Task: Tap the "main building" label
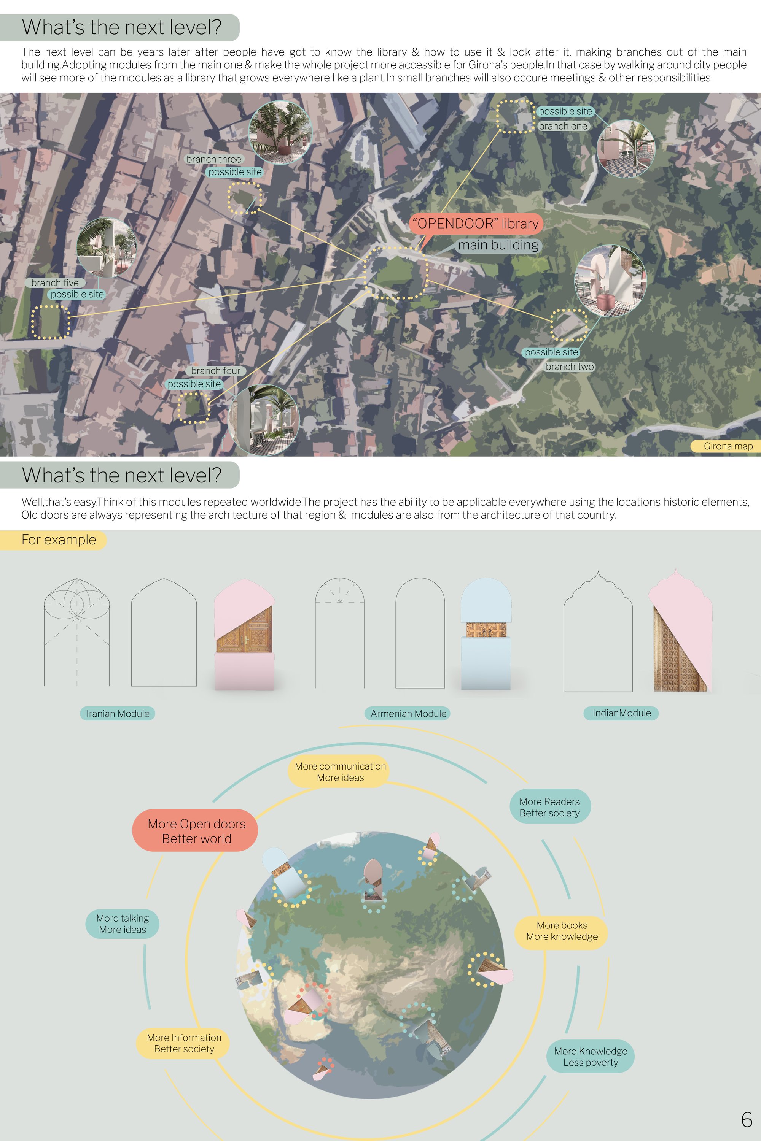tap(498, 245)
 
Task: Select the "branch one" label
tap(563, 126)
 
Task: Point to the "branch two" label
tap(570, 367)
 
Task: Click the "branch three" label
tap(213, 159)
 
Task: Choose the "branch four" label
tap(215, 370)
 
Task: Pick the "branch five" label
tap(55, 283)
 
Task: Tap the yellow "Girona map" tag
tap(726, 446)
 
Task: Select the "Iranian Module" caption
tap(118, 713)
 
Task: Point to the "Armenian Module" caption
tap(408, 713)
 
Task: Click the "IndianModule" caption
tap(621, 713)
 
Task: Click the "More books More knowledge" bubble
tap(562, 930)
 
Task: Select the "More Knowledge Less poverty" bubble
tap(590, 1056)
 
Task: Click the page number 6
tap(747, 1119)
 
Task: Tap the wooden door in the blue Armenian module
tap(486, 629)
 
